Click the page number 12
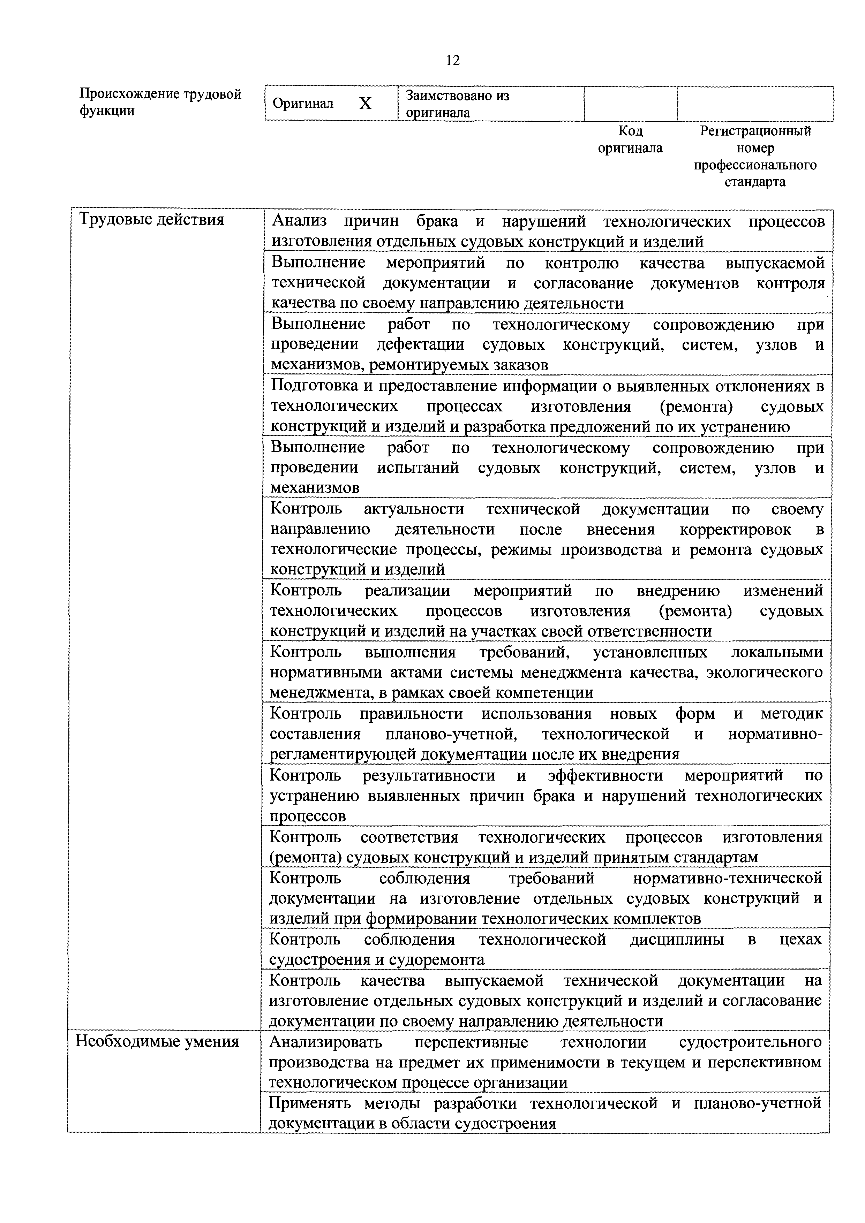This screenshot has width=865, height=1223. pos(452,61)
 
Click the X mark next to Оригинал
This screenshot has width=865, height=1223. pos(365,103)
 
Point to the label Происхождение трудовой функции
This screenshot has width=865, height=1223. pos(160,102)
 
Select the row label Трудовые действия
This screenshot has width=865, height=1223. pos(151,219)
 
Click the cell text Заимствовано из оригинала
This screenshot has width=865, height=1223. pos(457,104)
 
